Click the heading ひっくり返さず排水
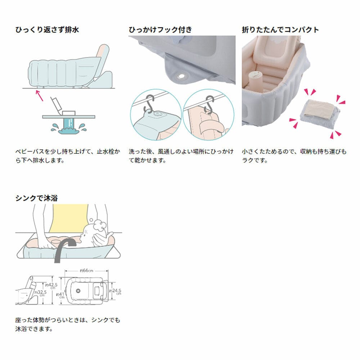tap(47, 30)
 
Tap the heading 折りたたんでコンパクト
tap(280, 30)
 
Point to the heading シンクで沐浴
tap(36, 198)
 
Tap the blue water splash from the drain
tap(69, 128)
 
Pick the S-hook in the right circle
tap(208, 104)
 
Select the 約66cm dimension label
tap(86, 270)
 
